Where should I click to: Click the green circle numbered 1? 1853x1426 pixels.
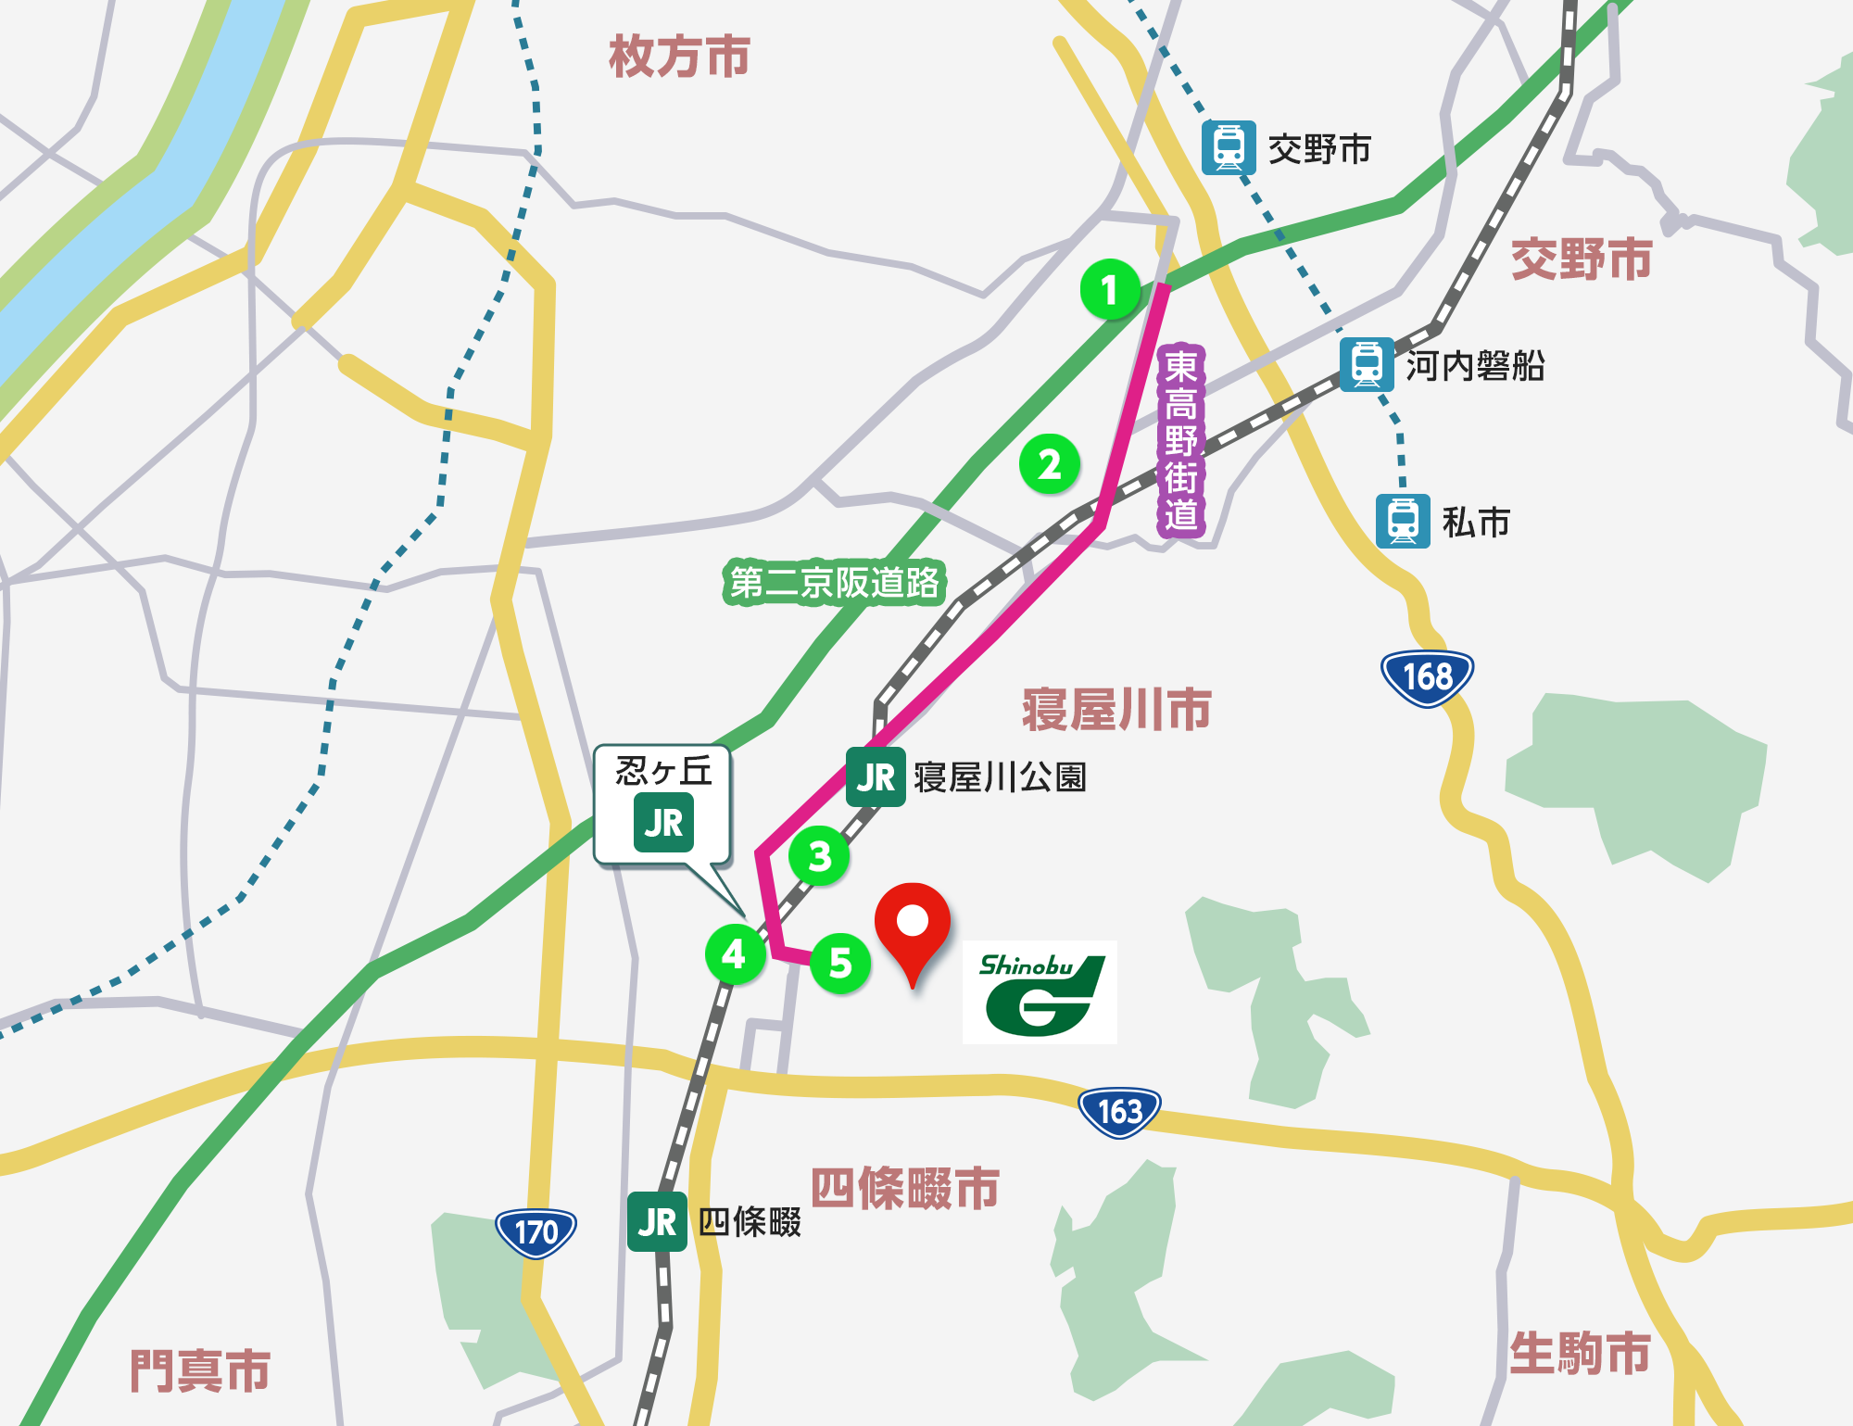click(x=1110, y=290)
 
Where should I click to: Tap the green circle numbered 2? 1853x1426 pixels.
click(x=1049, y=464)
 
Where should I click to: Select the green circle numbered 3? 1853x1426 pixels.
click(x=819, y=856)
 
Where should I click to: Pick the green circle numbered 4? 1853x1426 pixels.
click(x=735, y=953)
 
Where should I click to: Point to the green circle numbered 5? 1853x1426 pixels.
click(x=840, y=963)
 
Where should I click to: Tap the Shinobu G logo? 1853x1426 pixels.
click(x=1040, y=992)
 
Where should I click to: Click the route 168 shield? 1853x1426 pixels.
click(x=1427, y=677)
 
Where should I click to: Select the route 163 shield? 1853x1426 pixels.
click(x=1119, y=1111)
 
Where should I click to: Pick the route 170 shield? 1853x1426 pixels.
click(x=536, y=1232)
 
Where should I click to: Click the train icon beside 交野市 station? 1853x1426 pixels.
click(x=1229, y=148)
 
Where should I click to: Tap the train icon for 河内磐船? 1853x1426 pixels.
click(x=1367, y=364)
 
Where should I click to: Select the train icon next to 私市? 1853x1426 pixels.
click(x=1403, y=522)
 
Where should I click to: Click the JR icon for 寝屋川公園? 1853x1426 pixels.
click(x=876, y=777)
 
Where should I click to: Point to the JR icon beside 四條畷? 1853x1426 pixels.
click(x=657, y=1222)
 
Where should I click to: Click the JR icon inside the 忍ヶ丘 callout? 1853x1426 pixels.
click(x=663, y=823)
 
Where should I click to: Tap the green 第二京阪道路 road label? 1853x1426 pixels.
click(x=834, y=582)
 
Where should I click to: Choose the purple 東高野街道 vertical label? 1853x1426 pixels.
click(x=1180, y=441)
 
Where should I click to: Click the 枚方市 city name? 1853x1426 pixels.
click(x=679, y=57)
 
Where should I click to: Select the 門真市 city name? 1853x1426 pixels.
click(x=200, y=1370)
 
